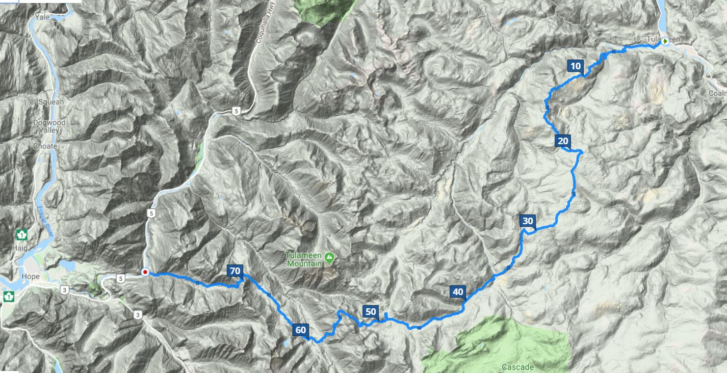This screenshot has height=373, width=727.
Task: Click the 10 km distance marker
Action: tap(575, 66)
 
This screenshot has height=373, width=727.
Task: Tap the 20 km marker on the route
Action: tap(563, 141)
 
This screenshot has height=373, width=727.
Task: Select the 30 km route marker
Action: tap(527, 221)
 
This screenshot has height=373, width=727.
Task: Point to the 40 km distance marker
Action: tap(457, 292)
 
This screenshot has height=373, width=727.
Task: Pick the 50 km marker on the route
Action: tap(370, 312)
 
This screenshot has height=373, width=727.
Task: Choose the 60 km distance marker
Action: tap(300, 330)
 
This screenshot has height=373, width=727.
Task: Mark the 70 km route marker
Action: tap(235, 271)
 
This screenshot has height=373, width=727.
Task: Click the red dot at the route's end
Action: tap(145, 272)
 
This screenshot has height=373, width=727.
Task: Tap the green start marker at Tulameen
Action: tap(665, 43)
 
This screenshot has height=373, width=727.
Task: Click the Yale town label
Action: tap(41, 17)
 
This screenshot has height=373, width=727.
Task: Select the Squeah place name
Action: tap(51, 102)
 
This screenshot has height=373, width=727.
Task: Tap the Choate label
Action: tap(45, 146)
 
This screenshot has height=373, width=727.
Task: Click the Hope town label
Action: tap(31, 277)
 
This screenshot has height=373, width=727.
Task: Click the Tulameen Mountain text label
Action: tap(304, 259)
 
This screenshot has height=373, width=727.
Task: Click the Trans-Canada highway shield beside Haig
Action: tap(22, 234)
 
